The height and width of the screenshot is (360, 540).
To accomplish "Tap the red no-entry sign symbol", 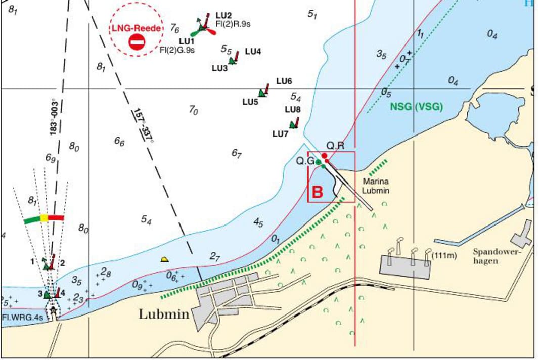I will (x=137, y=42).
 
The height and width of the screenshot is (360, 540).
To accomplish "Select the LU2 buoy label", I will (x=223, y=15).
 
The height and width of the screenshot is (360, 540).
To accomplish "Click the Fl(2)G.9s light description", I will (x=177, y=50).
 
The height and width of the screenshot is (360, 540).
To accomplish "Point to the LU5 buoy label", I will (x=250, y=102).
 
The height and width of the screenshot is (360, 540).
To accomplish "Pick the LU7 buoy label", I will (x=280, y=134).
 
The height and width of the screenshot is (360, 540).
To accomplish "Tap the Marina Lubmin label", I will (x=376, y=186).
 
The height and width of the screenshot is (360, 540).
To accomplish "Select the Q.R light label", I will (x=335, y=146).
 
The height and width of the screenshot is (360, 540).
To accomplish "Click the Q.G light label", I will (x=305, y=161).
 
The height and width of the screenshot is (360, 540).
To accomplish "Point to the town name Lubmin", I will (x=164, y=314).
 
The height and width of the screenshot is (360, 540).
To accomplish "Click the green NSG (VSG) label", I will (x=416, y=107).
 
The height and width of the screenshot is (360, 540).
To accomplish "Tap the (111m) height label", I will (x=444, y=255).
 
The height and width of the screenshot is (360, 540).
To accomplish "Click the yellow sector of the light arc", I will (x=44, y=218).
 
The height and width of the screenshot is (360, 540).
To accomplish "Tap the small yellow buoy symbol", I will (x=164, y=259).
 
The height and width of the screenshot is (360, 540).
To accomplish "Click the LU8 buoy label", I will (x=293, y=109).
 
